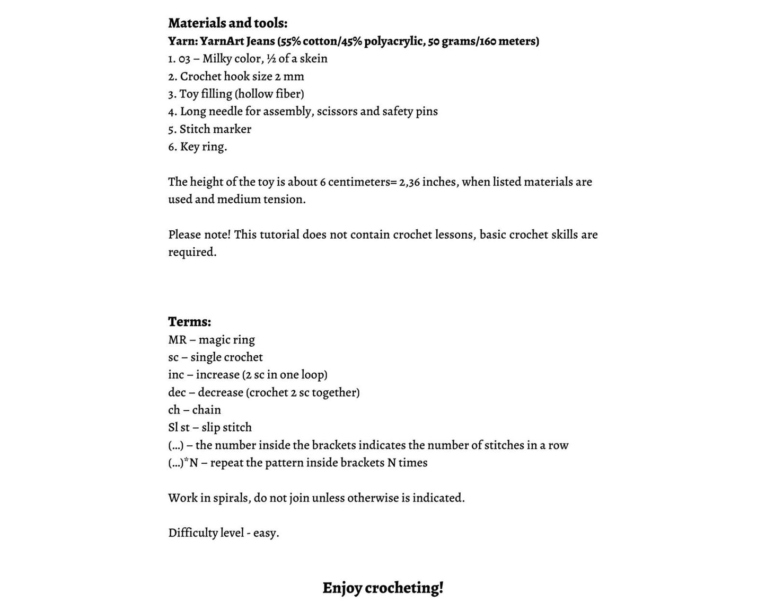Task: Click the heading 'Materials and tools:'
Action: point(227,23)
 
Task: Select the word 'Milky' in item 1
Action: point(217,59)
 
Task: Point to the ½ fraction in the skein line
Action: point(271,59)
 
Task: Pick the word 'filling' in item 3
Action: point(216,94)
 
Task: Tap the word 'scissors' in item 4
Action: point(337,112)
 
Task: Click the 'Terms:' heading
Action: point(189,322)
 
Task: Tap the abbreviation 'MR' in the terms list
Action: point(177,340)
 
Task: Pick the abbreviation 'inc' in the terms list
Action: point(176,375)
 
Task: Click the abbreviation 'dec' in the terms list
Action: point(177,392)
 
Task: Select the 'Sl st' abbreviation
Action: point(179,427)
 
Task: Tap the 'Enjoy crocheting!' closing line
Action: point(383,588)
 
